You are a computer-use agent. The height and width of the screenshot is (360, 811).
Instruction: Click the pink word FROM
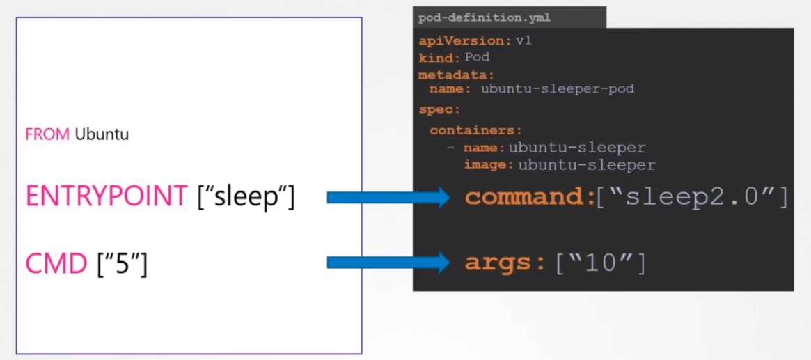(x=47, y=134)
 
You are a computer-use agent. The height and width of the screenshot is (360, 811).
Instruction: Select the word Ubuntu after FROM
(x=102, y=134)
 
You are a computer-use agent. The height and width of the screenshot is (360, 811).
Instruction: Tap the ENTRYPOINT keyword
(x=106, y=197)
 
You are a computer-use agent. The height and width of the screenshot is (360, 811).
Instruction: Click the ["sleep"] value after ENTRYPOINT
(x=246, y=197)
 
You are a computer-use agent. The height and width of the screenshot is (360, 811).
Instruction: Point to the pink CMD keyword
(x=56, y=263)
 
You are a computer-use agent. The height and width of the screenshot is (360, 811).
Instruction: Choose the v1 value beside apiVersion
(x=523, y=40)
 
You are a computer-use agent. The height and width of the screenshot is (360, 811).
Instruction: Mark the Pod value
(x=477, y=57)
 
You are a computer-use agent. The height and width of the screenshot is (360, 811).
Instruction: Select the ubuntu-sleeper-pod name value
(x=557, y=89)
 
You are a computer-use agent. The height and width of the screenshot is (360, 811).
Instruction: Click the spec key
(x=439, y=110)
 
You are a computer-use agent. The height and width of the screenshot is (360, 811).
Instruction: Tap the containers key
(x=475, y=130)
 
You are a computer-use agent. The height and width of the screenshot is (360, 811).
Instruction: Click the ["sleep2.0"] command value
(x=692, y=197)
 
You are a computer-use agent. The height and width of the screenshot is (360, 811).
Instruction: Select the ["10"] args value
(x=600, y=263)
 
